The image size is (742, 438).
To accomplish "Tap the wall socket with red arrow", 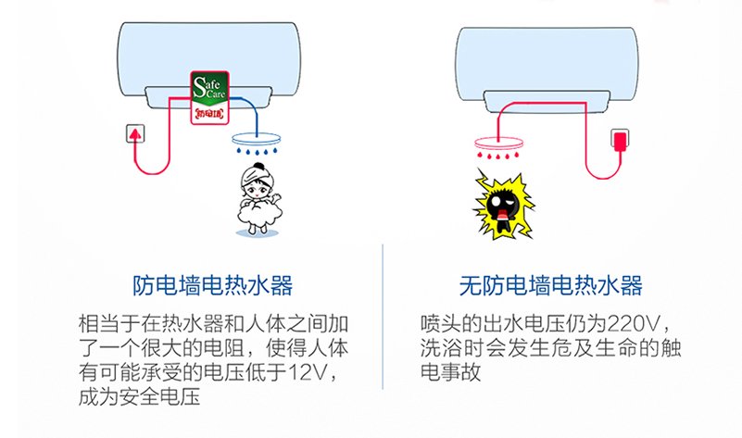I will point(137,135).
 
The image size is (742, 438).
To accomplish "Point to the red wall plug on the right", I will point(618,141).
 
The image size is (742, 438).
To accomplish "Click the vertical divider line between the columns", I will point(383,315).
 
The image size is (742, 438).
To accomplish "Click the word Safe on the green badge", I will point(205,84).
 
